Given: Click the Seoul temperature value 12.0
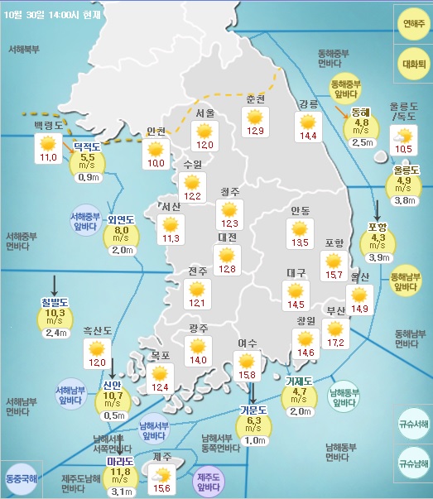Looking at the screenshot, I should (204, 145).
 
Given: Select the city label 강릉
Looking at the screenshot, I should (308, 103).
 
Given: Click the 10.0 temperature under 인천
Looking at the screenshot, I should (155, 163).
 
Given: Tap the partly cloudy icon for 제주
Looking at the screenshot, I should (161, 475).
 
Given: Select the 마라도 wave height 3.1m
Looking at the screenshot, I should (121, 492).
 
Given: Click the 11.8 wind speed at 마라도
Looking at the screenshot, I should (121, 473).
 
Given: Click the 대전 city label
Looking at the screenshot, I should (227, 238).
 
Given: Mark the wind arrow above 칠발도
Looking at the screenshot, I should (55, 286).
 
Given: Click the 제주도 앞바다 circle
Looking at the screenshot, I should (209, 482).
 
